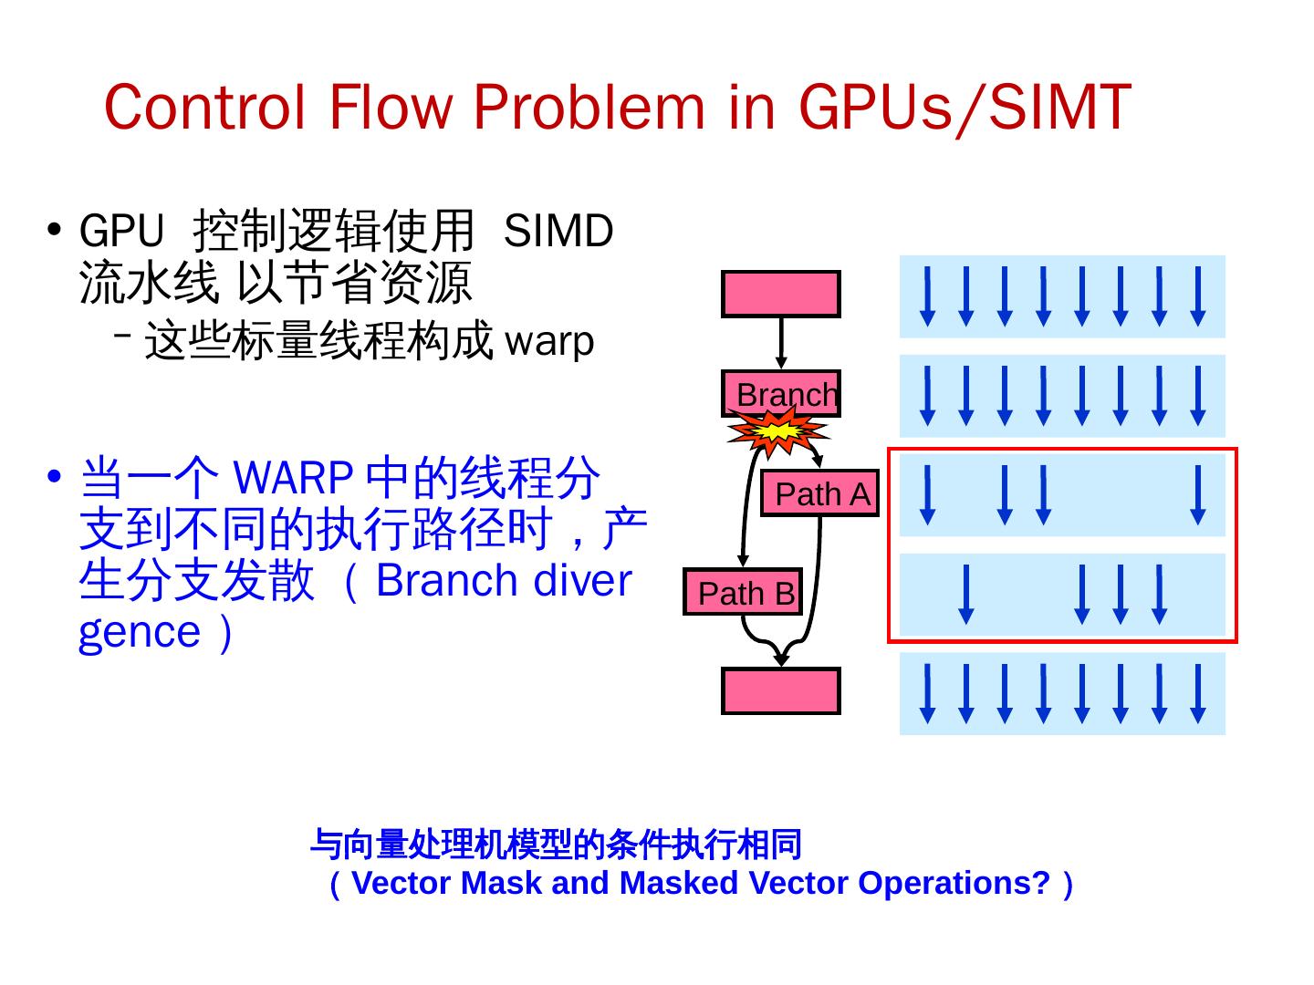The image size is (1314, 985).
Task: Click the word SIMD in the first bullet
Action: tap(558, 231)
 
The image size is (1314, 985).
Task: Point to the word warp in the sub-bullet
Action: tap(549, 342)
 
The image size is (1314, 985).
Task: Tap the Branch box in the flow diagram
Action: tap(781, 394)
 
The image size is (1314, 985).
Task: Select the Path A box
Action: tap(819, 493)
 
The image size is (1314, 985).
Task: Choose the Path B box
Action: tap(743, 593)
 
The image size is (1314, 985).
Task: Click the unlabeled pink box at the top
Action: tap(780, 294)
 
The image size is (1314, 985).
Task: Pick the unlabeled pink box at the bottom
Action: tap(780, 691)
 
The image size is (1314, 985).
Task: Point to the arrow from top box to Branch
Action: tap(781, 343)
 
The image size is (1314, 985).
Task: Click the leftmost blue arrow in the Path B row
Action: tap(966, 595)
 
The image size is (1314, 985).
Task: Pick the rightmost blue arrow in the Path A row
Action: tap(1198, 495)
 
